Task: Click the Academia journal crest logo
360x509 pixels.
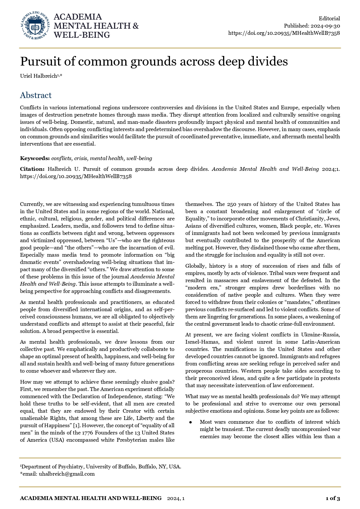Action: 35,26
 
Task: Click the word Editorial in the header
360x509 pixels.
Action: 329,19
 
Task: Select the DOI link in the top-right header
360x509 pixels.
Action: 284,33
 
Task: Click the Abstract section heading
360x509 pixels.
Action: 36,95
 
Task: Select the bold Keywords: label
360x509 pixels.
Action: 35,158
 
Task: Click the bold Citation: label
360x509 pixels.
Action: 32,169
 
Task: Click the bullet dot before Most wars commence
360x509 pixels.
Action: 191,422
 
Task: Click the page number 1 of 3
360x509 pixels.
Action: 333,498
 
